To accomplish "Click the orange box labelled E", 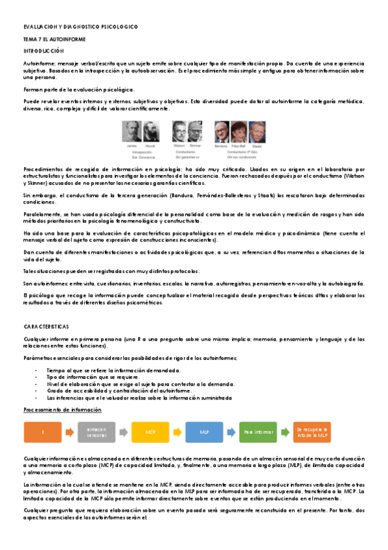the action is point(42,431).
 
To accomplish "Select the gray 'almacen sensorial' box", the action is point(96,431).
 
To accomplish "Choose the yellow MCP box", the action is point(150,431).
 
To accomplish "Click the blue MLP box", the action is point(205,431).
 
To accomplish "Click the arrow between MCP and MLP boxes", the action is point(177,431).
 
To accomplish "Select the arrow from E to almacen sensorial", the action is point(69,431).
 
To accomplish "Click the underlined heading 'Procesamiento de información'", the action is point(62,410).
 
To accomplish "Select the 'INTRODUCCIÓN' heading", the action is point(43,50).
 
